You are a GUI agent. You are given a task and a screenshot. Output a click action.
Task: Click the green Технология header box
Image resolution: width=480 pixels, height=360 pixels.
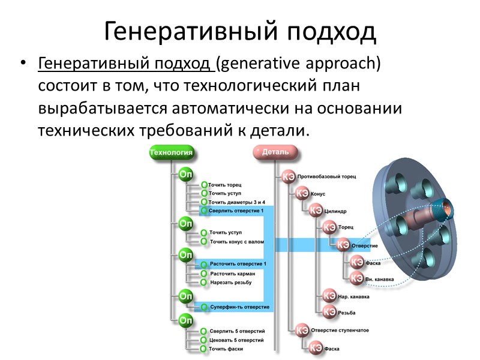pyautogui.click(x=170, y=152)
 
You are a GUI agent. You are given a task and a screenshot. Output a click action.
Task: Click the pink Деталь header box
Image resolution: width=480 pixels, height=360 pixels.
pyautogui.click(x=275, y=152)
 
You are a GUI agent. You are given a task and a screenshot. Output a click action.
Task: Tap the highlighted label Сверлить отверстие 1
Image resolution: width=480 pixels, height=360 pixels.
pyautogui.click(x=236, y=211)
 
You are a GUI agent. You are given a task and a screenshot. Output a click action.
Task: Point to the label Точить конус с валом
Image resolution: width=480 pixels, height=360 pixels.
pyautogui.click(x=236, y=242)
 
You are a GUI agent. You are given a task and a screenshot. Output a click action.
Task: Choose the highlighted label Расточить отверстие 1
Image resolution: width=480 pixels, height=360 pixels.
pyautogui.click(x=238, y=264)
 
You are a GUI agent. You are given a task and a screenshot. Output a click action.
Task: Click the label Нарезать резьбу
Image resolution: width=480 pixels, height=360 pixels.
pyautogui.click(x=230, y=282)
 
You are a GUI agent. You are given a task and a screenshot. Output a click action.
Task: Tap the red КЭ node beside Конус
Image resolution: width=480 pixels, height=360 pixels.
pyautogui.click(x=301, y=194)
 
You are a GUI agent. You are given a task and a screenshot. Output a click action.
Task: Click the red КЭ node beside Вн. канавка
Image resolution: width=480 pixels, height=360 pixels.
pyautogui.click(x=357, y=278)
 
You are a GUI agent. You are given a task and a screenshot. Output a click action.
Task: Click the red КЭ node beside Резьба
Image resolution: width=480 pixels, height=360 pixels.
pyautogui.click(x=329, y=312)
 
